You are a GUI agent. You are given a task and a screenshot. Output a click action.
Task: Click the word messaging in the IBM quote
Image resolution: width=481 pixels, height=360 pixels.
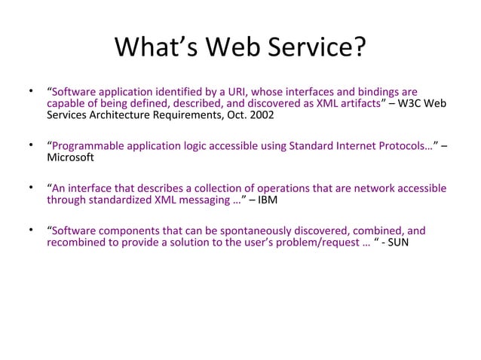(210, 200)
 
